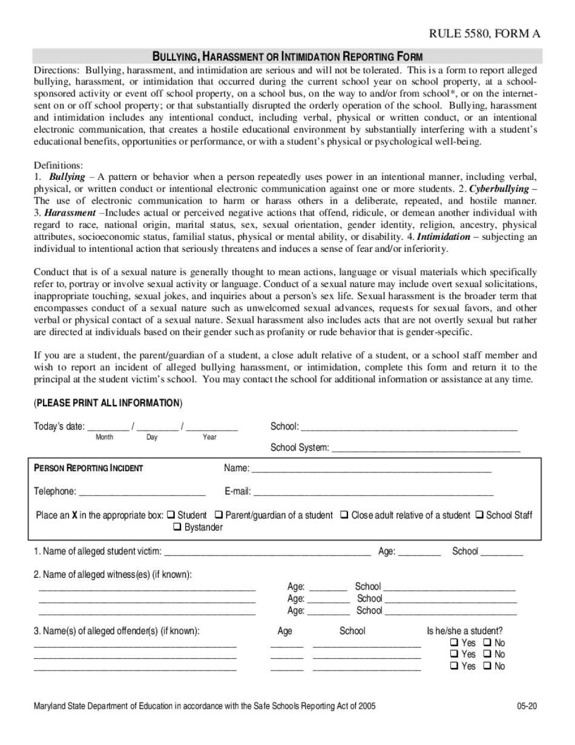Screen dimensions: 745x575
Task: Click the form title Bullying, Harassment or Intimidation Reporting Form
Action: [x=287, y=57]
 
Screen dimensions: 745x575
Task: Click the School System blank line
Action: [x=426, y=449]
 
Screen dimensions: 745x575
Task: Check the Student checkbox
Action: [x=171, y=515]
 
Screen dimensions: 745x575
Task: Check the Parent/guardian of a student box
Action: [x=221, y=515]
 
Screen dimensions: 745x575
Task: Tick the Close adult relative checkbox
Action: [x=344, y=515]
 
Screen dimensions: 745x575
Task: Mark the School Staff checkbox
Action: [x=479, y=515]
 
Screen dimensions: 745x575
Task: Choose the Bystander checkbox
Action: [x=178, y=527]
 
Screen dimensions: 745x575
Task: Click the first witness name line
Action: [x=147, y=588]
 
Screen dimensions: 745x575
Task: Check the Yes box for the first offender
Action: [x=454, y=643]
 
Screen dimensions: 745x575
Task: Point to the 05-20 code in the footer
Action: [x=527, y=706]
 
